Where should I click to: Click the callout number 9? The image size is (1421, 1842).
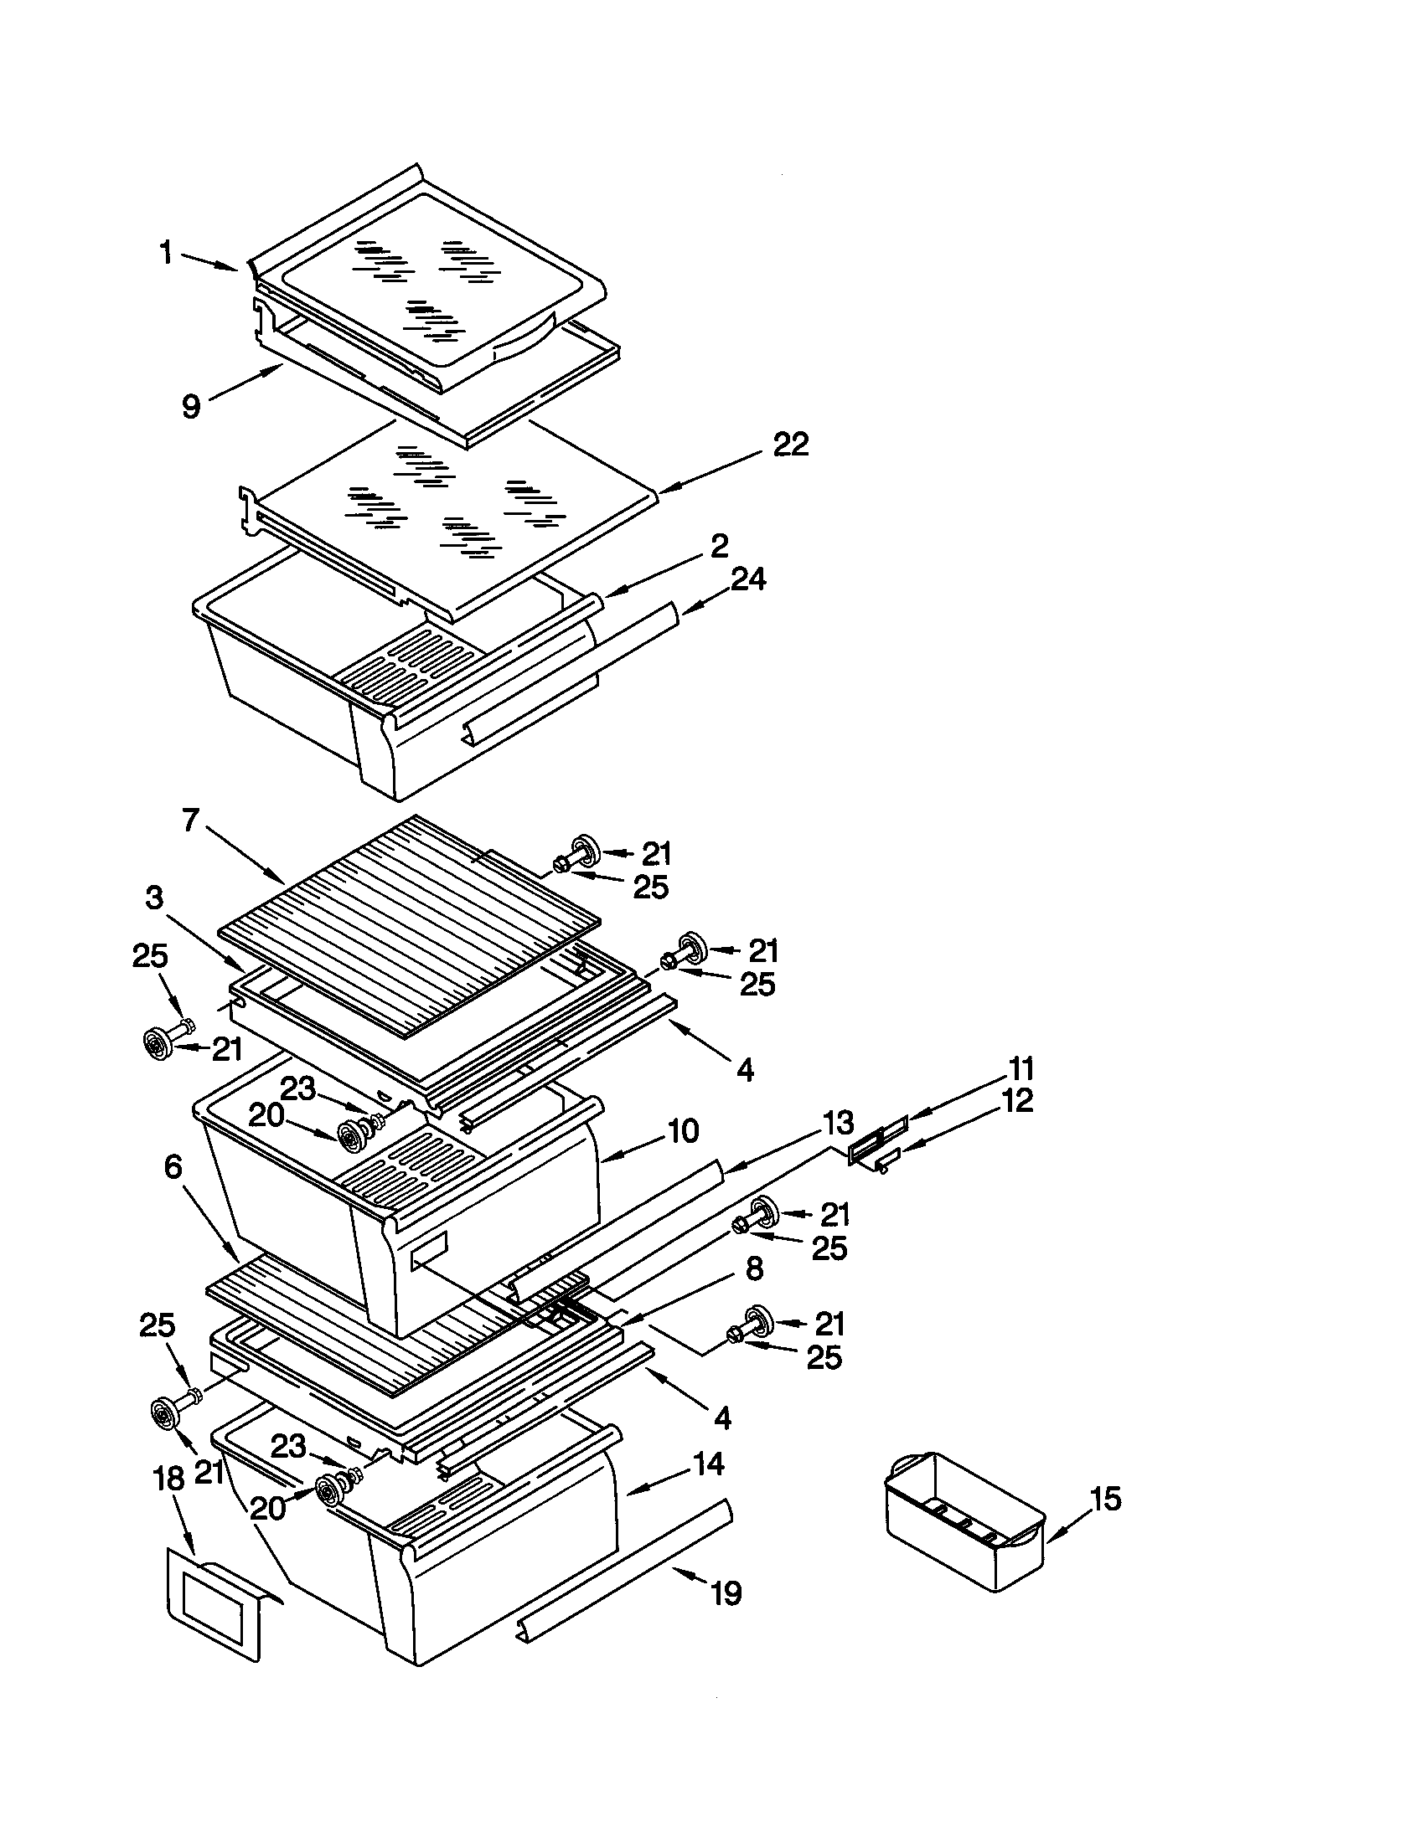(x=192, y=407)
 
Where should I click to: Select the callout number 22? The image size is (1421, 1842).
(x=790, y=445)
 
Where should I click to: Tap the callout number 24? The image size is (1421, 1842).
(x=747, y=579)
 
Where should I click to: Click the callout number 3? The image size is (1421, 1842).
(x=153, y=898)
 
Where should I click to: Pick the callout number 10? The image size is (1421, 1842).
(x=682, y=1131)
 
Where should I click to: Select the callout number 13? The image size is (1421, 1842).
(x=837, y=1124)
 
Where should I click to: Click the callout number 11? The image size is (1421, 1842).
(x=1021, y=1069)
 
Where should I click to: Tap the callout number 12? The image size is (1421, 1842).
(x=1018, y=1101)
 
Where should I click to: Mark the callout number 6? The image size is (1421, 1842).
(x=172, y=1167)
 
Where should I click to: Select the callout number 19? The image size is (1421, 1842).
(x=726, y=1593)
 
